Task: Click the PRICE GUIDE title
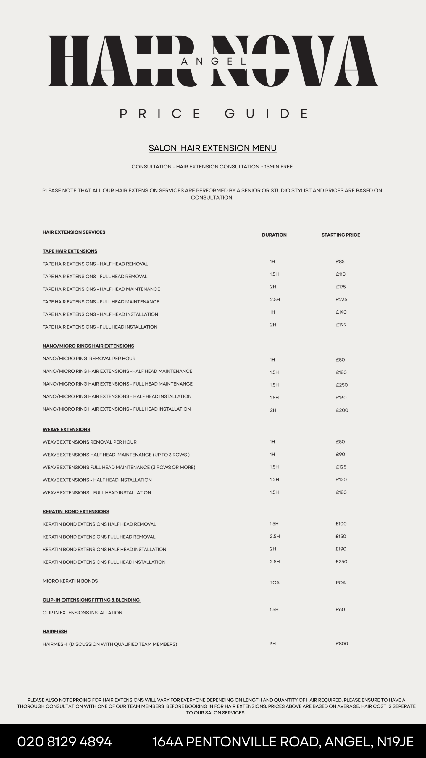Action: click(x=214, y=114)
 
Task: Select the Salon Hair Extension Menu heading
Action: click(x=212, y=148)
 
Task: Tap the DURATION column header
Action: click(x=274, y=235)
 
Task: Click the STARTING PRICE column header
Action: click(x=341, y=235)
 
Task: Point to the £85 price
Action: click(x=340, y=261)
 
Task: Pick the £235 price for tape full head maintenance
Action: click(x=341, y=299)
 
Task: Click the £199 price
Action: click(x=341, y=325)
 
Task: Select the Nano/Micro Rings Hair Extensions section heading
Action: click(x=88, y=346)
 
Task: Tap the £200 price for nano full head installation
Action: click(x=342, y=410)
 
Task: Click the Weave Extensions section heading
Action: click(x=66, y=429)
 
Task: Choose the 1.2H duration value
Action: click(x=274, y=479)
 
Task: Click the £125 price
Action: click(x=341, y=467)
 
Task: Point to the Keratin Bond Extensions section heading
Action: click(x=76, y=511)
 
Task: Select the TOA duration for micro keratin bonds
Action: click(x=275, y=582)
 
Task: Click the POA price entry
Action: click(x=341, y=582)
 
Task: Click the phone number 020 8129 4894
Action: click(x=64, y=742)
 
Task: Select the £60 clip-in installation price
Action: click(x=341, y=609)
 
